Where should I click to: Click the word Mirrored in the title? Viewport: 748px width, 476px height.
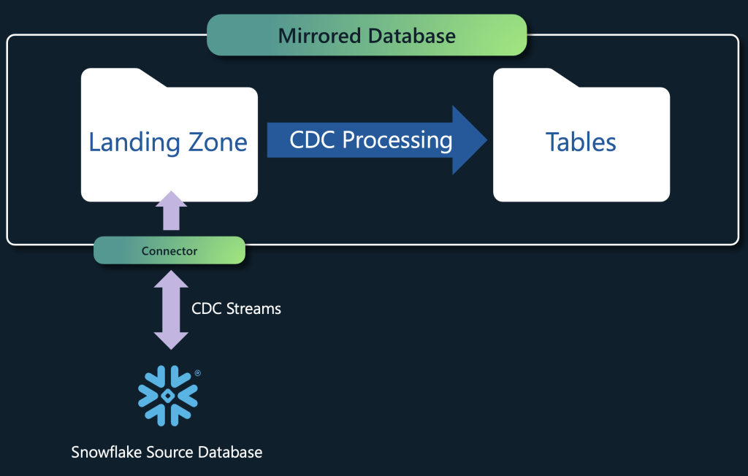tap(319, 36)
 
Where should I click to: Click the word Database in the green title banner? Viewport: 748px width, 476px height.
tap(412, 36)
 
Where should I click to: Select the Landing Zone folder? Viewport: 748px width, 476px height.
tap(169, 135)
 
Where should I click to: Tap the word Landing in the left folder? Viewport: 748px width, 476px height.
tap(134, 142)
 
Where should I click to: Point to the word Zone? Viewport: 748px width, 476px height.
tap(218, 142)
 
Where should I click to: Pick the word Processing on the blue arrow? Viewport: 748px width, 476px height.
tap(397, 141)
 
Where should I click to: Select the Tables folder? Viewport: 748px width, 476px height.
tap(581, 135)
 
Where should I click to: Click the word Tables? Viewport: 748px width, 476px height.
tap(581, 142)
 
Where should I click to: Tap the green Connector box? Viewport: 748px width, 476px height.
tap(169, 250)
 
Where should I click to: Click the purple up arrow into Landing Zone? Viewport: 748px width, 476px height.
tap(171, 210)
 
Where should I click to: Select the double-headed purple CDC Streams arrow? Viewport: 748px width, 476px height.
tap(171, 310)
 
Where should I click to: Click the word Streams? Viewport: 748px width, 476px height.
tap(253, 309)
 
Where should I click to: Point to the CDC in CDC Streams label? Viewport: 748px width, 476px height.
tap(207, 309)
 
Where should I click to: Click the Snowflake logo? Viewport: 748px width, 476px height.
tap(168, 396)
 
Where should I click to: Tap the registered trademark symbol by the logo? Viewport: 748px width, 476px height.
tap(198, 373)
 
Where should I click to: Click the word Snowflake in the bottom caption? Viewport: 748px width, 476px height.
tap(107, 452)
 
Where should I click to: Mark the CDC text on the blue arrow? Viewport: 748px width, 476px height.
tap(313, 139)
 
